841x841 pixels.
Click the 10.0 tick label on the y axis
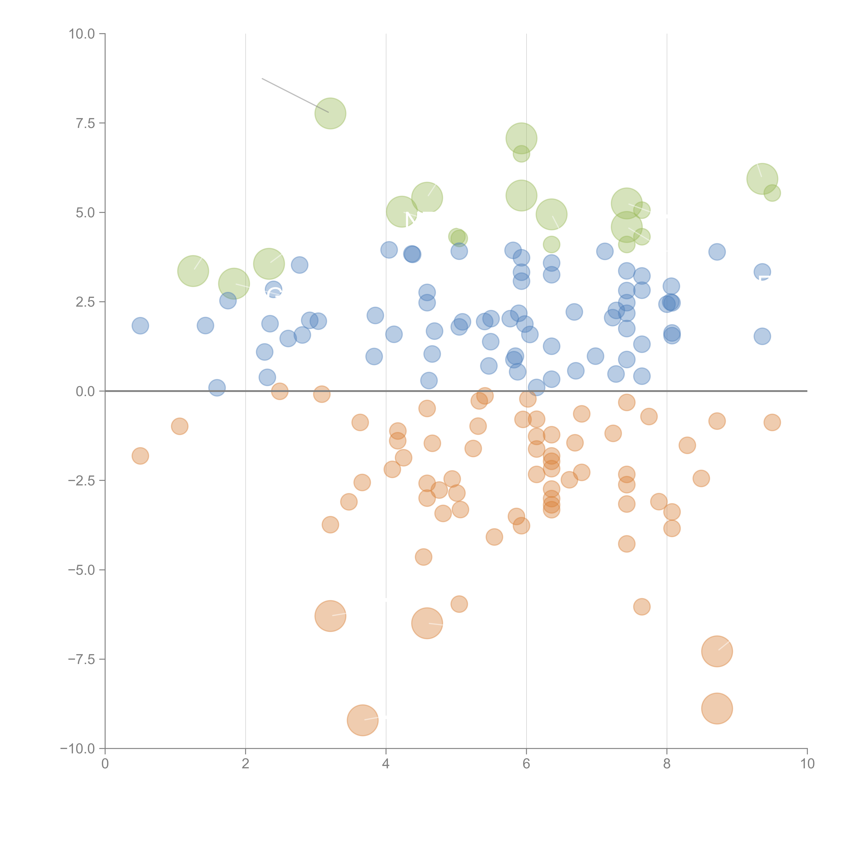(x=82, y=34)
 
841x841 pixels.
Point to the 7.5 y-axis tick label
(x=85, y=123)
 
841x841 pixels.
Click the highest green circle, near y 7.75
(x=330, y=114)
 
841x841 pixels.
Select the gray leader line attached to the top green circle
(x=295, y=95)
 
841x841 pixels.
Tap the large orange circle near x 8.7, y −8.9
(x=717, y=708)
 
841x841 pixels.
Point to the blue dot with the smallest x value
(x=140, y=326)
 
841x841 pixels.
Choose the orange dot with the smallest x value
(x=140, y=456)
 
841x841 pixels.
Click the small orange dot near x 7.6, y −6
(x=642, y=606)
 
